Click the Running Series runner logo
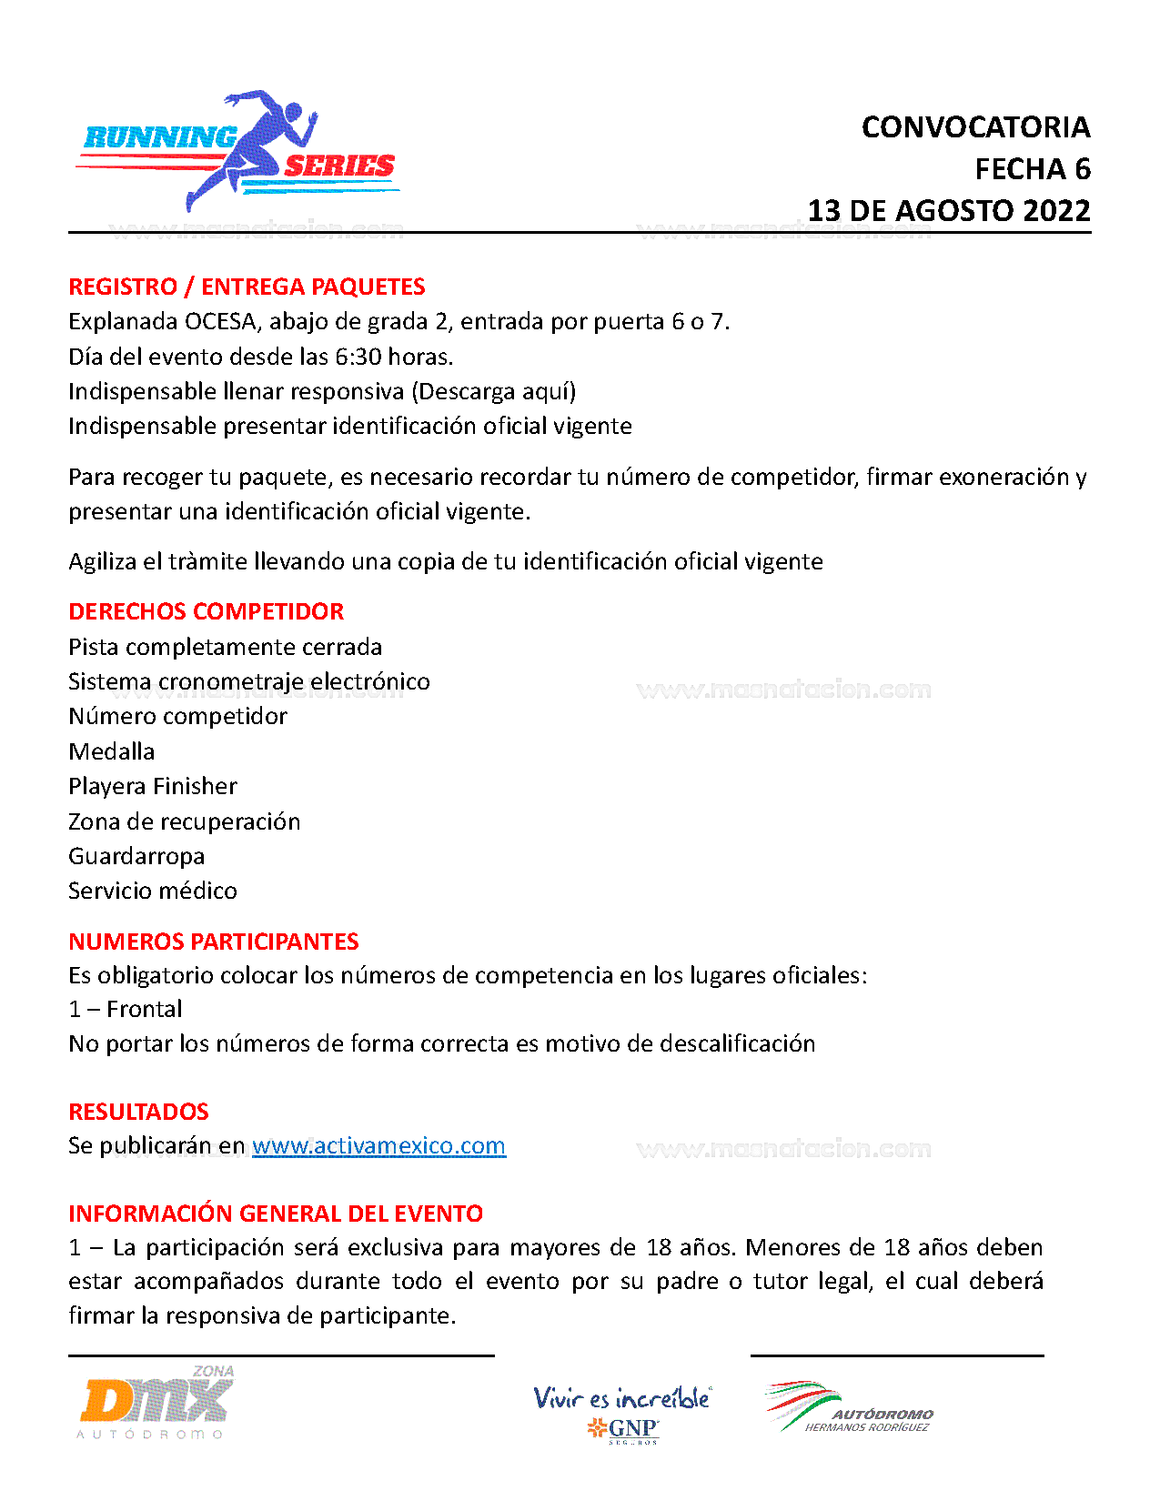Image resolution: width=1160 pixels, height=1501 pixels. click(x=238, y=151)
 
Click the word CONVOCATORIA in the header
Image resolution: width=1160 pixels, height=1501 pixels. click(x=975, y=127)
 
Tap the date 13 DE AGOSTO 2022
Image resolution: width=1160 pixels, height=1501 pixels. click(x=949, y=211)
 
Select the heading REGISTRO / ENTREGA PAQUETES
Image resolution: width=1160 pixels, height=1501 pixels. click(x=247, y=287)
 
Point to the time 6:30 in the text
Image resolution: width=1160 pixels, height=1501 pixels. click(x=358, y=357)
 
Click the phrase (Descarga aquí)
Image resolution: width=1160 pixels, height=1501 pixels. click(x=494, y=391)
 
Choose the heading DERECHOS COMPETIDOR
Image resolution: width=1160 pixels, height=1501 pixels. click(x=207, y=611)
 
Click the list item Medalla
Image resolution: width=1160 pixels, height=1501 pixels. click(x=112, y=751)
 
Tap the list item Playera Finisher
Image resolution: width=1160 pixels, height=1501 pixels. click(x=153, y=786)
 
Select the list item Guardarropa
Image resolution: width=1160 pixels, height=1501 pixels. click(x=136, y=856)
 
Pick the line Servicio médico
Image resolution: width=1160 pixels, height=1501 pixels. click(x=153, y=891)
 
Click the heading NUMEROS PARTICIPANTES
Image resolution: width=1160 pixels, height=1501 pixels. click(x=214, y=942)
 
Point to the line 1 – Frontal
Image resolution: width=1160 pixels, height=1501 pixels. click(x=126, y=1009)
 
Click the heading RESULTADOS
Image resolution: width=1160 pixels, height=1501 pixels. click(x=139, y=1112)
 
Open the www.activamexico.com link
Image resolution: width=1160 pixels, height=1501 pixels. click(x=378, y=1145)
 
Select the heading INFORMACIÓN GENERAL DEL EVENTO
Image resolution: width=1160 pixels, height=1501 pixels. click(x=276, y=1214)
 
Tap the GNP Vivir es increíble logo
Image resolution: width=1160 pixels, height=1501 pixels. click(x=622, y=1413)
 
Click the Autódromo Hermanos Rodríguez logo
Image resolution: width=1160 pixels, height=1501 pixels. click(x=850, y=1408)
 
